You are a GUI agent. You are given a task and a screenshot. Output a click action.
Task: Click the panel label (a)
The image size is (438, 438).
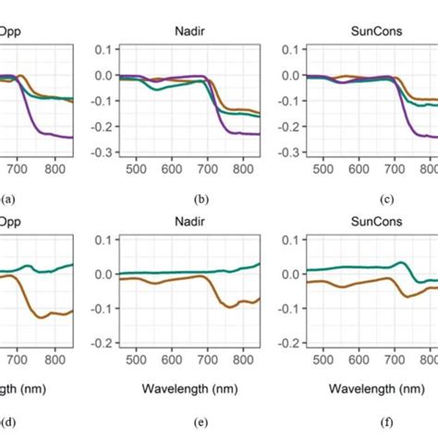[7, 198]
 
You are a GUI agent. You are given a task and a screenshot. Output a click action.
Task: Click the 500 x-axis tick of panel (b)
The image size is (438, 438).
[136, 170]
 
